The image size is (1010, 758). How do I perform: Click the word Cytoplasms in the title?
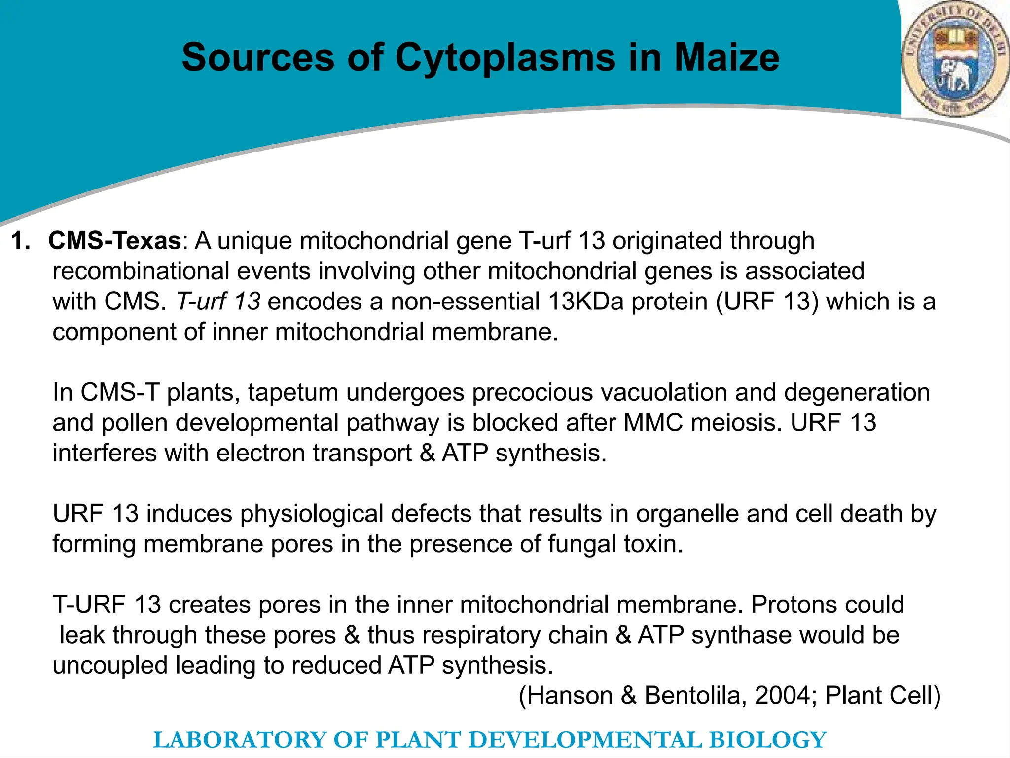(x=505, y=58)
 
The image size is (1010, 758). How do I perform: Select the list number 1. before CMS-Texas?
(x=21, y=241)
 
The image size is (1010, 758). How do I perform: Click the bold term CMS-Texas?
(x=115, y=241)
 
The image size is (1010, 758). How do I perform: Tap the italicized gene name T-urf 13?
(x=218, y=302)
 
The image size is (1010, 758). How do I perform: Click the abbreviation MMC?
(x=653, y=423)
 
